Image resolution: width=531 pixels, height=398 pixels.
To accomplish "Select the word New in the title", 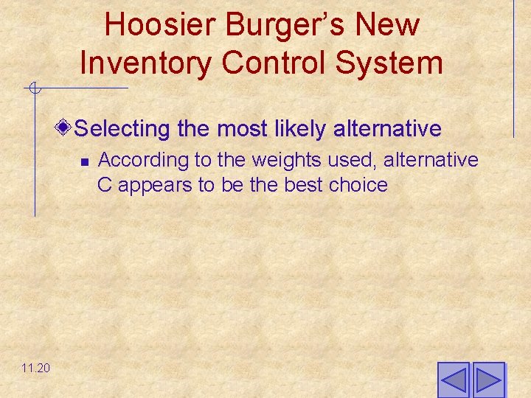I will tap(386, 25).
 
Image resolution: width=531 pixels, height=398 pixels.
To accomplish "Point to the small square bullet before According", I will tap(84, 161).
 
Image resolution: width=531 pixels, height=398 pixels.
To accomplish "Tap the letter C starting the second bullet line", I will tap(105, 185).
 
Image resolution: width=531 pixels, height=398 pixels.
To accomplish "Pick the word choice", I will tap(358, 185).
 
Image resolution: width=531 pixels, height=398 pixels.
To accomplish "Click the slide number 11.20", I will tap(36, 367).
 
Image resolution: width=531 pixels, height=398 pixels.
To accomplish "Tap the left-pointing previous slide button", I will tap(454, 380).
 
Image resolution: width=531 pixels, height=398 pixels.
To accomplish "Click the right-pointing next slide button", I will tap(488, 380).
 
